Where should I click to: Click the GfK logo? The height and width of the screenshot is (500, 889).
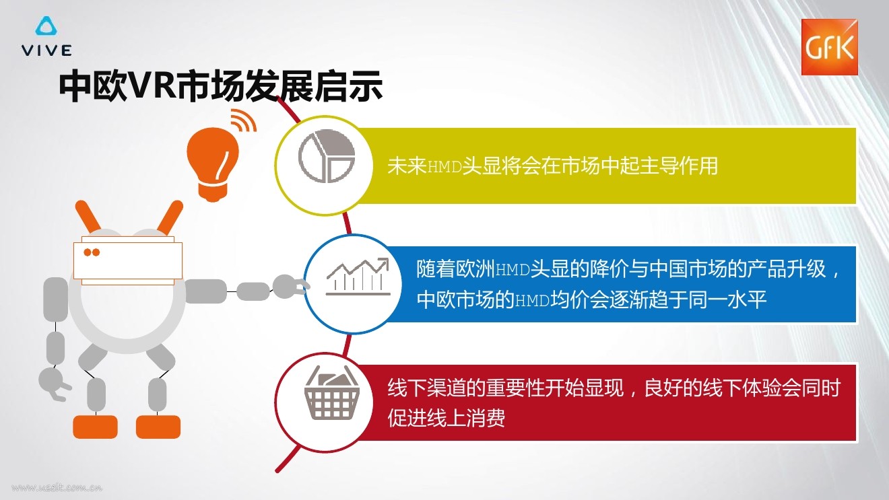(x=830, y=47)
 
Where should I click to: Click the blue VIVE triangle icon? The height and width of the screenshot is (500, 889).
(x=46, y=26)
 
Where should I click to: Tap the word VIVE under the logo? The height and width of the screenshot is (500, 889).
(x=47, y=50)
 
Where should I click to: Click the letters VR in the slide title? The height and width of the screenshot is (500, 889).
(x=153, y=85)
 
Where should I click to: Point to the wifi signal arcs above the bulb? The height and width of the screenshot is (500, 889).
(x=243, y=120)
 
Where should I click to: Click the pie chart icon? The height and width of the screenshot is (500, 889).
(x=326, y=156)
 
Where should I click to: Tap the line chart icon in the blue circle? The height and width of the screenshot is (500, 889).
(x=358, y=277)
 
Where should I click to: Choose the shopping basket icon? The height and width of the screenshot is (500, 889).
(x=331, y=392)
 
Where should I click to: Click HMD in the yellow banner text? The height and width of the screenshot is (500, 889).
(x=444, y=167)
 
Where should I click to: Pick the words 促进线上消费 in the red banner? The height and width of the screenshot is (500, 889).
(x=446, y=417)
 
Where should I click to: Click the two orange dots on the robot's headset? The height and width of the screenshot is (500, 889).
(x=92, y=252)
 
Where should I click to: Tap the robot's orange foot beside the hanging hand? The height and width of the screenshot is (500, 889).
(x=95, y=427)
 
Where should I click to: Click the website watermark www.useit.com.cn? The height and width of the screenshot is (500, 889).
(x=57, y=487)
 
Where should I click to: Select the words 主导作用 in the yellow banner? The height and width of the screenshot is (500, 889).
(x=679, y=166)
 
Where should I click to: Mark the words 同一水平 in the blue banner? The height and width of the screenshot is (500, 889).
(x=727, y=299)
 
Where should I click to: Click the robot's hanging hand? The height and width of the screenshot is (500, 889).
(x=55, y=383)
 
